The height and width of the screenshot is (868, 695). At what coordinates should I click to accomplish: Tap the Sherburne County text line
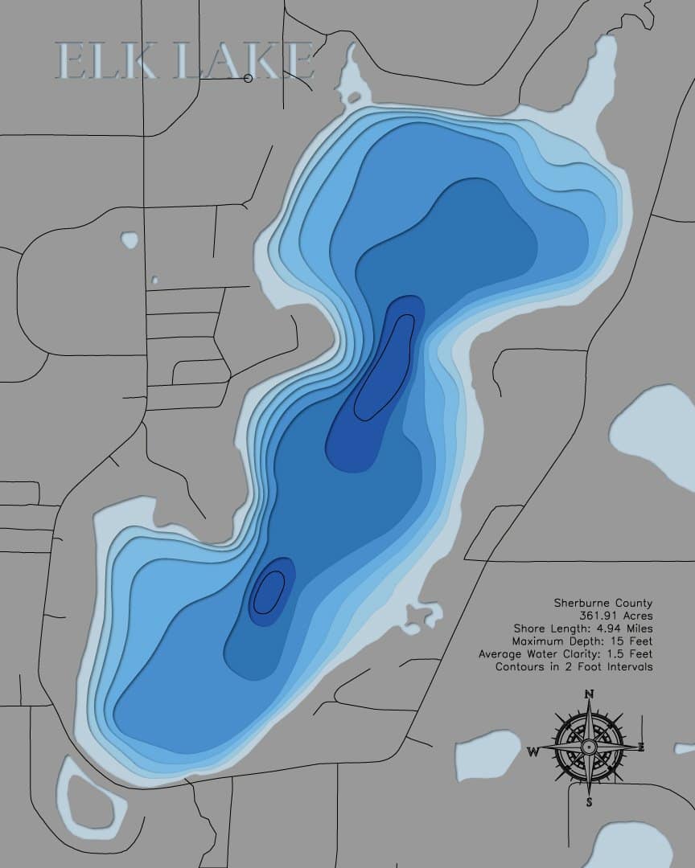click(602, 603)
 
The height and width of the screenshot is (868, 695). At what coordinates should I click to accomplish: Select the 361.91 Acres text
click(620, 616)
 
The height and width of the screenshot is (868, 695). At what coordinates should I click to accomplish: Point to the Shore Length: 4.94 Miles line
click(583, 628)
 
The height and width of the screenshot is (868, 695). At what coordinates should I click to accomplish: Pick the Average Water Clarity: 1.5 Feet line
click(565, 654)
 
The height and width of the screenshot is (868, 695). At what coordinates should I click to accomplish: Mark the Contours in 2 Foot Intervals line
click(574, 667)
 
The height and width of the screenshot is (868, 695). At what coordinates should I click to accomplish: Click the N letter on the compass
click(590, 694)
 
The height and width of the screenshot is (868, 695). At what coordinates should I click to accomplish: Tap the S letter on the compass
click(590, 801)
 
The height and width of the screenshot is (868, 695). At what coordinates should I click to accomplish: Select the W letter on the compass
click(533, 752)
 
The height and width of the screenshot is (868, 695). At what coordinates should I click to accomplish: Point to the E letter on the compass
click(642, 747)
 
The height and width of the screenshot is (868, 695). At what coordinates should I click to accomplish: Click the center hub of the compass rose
click(589, 747)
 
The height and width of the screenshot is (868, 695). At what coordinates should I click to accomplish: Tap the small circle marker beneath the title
click(248, 78)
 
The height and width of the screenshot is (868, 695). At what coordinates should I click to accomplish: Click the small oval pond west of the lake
click(128, 240)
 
